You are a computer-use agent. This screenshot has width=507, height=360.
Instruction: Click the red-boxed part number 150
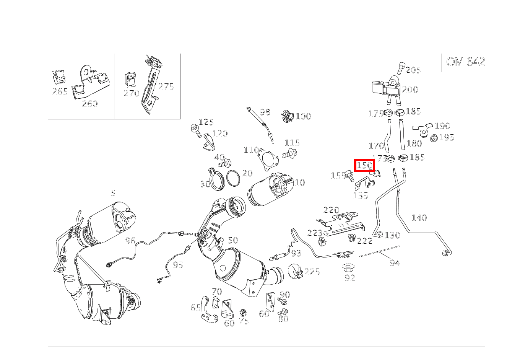point(364,165)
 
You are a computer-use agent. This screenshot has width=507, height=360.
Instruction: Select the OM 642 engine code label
point(465,62)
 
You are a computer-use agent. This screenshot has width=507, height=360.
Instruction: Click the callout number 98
point(265,112)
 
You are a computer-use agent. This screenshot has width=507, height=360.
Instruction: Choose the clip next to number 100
point(288,116)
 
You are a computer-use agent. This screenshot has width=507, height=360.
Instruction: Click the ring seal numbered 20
point(233,178)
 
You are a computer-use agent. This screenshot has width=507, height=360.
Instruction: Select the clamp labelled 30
point(216,179)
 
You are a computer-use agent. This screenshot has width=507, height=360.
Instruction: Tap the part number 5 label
point(113,193)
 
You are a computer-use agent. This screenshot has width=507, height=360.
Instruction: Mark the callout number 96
point(130,241)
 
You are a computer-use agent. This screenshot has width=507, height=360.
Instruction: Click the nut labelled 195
point(434,138)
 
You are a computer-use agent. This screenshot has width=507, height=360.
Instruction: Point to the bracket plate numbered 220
point(340,224)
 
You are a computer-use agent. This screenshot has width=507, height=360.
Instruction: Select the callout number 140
point(419,218)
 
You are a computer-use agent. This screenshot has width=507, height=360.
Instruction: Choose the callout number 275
point(166,86)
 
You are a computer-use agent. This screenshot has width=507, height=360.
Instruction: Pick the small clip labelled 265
point(58,77)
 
